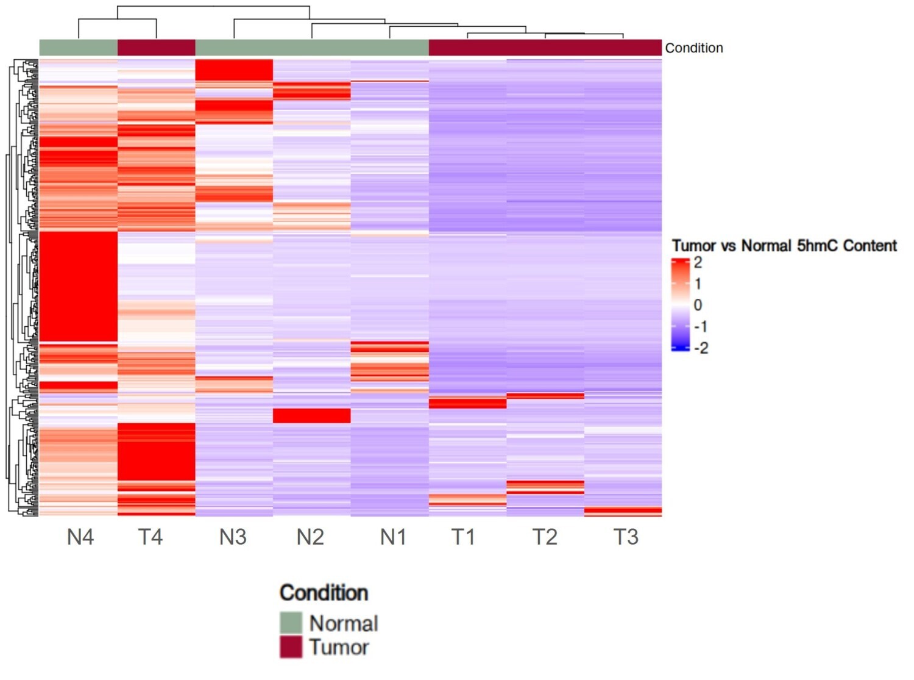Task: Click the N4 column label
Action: tap(80, 537)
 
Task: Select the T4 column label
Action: tap(150, 537)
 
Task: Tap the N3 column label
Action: tap(233, 537)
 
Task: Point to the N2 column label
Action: tap(310, 537)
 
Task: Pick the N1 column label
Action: tap(393, 537)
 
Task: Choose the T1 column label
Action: tap(463, 537)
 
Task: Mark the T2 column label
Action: tap(545, 537)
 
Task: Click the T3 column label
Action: tap(626, 537)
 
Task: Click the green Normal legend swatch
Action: tap(291, 623)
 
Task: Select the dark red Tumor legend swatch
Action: tap(291, 647)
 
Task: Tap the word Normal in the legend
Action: tap(344, 623)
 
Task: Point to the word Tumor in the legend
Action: tap(339, 647)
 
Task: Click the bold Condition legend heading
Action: tap(324, 593)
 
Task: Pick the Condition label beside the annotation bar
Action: tap(694, 48)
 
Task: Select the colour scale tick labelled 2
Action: tap(698, 263)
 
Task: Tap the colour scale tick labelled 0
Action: tap(698, 305)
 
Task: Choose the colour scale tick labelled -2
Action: tap(701, 348)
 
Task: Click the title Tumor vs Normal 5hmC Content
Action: tap(784, 246)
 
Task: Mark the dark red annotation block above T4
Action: tap(156, 48)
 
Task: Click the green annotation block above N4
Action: tap(78, 48)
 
